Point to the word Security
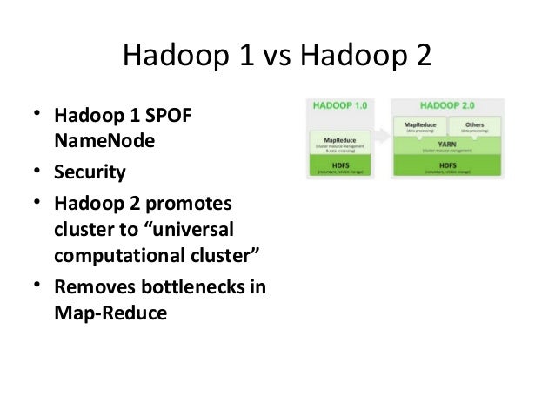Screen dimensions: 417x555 point(90,172)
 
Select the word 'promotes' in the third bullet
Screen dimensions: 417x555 point(192,203)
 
